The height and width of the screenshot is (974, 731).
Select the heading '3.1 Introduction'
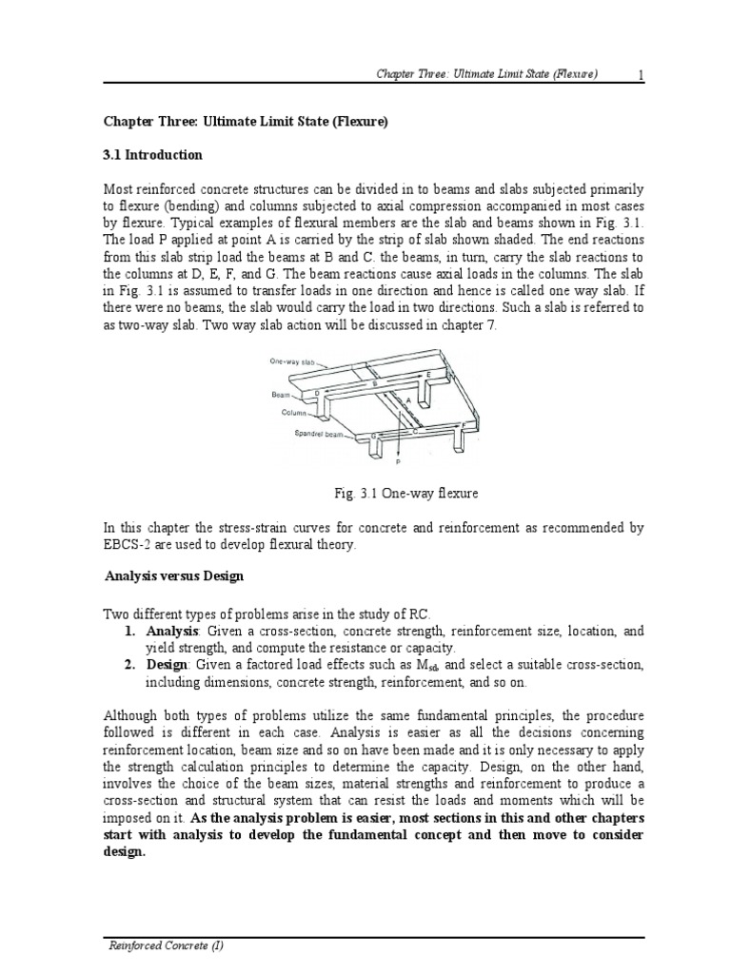point(152,155)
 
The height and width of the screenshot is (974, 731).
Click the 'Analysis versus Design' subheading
point(173,576)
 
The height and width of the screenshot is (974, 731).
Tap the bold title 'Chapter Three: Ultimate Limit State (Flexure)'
point(247,122)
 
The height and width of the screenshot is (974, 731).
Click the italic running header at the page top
point(485,75)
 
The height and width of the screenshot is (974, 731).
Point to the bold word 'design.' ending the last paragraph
point(124,852)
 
